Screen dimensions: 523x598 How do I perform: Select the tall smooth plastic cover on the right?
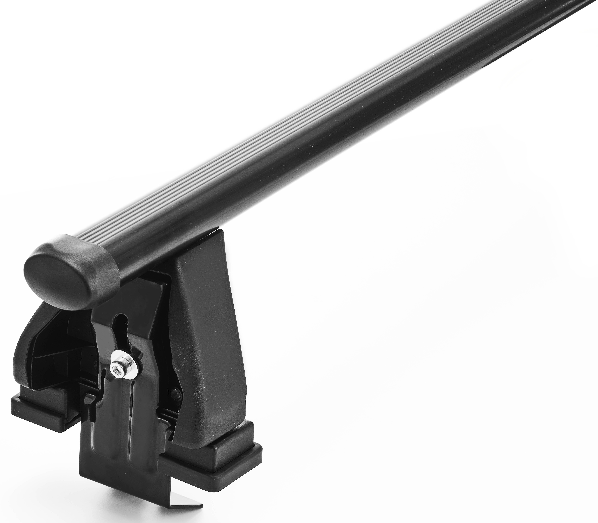pos(207,336)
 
